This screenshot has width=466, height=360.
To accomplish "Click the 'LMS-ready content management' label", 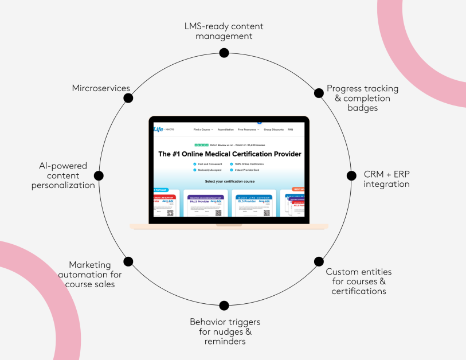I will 224,31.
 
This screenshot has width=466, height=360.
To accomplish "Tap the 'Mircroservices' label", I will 101,88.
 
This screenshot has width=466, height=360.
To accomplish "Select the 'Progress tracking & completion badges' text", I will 362,98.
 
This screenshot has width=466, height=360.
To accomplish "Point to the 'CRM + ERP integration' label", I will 386,179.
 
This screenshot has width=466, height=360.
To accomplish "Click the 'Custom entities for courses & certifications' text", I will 359,281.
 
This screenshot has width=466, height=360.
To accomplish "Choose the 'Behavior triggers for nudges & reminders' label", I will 225,331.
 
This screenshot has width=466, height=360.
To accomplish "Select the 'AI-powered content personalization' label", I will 64,175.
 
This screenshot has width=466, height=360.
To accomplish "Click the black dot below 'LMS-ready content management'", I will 224,53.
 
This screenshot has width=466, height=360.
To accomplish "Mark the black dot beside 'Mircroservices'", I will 128,97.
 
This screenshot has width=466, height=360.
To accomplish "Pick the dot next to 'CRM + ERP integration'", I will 350,175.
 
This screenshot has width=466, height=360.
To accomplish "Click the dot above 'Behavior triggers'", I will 224,306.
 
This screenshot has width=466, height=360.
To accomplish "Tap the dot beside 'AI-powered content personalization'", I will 98,175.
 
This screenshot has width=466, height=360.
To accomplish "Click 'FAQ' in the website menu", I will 290,130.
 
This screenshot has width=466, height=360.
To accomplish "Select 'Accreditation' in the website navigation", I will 225,130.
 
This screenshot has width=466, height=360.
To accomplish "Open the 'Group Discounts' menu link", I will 273,130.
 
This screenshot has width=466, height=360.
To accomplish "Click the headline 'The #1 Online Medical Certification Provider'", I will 229,154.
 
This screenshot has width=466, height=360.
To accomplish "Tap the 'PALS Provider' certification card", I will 204,204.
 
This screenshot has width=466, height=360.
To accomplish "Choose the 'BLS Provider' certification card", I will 252,204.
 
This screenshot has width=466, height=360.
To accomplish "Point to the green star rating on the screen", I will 201,145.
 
